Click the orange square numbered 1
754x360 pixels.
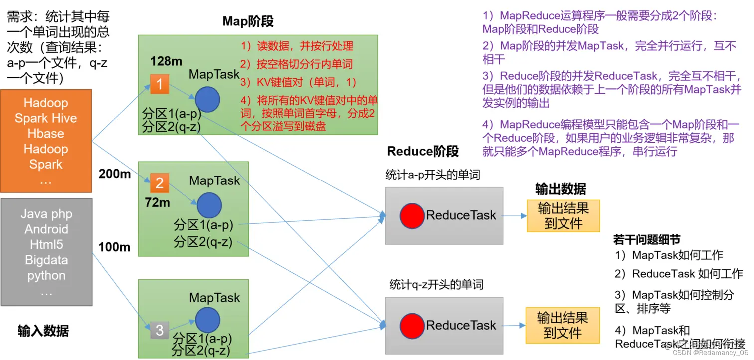tap(160, 84)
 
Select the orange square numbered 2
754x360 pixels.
tap(160, 183)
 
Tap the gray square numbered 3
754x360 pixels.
tap(160, 330)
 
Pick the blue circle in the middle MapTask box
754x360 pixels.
tap(209, 205)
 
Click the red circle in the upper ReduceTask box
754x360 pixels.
tap(412, 216)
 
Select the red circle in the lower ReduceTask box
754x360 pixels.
tap(412, 325)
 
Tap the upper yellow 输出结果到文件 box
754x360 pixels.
tap(563, 216)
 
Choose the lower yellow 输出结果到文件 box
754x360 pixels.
tap(562, 325)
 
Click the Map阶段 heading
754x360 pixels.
tap(248, 21)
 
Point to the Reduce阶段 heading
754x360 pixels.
tap(423, 151)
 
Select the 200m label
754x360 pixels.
tap(115, 174)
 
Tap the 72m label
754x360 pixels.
tap(158, 202)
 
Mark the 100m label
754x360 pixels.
tap(115, 247)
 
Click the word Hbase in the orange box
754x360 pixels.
tap(46, 134)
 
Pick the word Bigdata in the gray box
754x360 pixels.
tap(46, 260)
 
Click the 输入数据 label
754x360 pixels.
tap(43, 331)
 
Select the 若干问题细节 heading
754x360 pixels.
tap(646, 240)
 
